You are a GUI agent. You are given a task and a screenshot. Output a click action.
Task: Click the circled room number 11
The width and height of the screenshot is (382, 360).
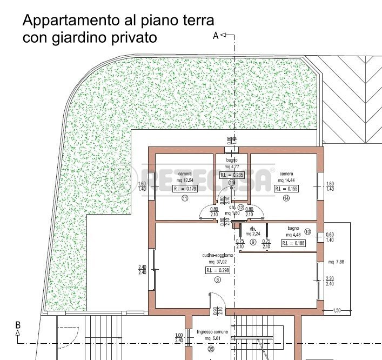(184, 199)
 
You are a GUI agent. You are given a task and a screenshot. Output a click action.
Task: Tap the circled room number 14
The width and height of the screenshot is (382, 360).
(286, 199)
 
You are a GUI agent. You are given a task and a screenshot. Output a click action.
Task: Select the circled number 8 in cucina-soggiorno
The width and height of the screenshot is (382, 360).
(218, 279)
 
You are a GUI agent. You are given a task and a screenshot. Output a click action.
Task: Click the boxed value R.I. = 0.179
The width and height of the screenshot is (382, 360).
(185, 189)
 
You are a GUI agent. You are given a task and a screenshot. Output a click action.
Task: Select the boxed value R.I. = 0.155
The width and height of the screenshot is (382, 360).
(286, 189)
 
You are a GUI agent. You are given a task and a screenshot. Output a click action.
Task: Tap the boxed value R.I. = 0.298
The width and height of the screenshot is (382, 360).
(217, 270)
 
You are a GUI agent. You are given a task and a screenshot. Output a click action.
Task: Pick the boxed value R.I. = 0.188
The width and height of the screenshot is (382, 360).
(293, 244)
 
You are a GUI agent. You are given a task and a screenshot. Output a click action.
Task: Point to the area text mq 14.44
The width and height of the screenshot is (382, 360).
(286, 180)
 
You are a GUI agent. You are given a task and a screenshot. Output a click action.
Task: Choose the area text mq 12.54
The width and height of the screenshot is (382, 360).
(185, 180)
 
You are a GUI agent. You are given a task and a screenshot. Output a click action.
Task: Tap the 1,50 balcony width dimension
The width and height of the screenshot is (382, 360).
(337, 310)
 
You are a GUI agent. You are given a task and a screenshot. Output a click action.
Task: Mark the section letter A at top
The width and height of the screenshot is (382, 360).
(215, 36)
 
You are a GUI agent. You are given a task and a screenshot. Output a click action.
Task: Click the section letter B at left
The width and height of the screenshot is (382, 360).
(18, 325)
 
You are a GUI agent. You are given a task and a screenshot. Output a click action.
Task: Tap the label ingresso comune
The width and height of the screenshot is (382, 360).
(213, 332)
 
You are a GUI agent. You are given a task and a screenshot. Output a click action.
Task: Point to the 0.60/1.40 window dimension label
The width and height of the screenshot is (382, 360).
(330, 237)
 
